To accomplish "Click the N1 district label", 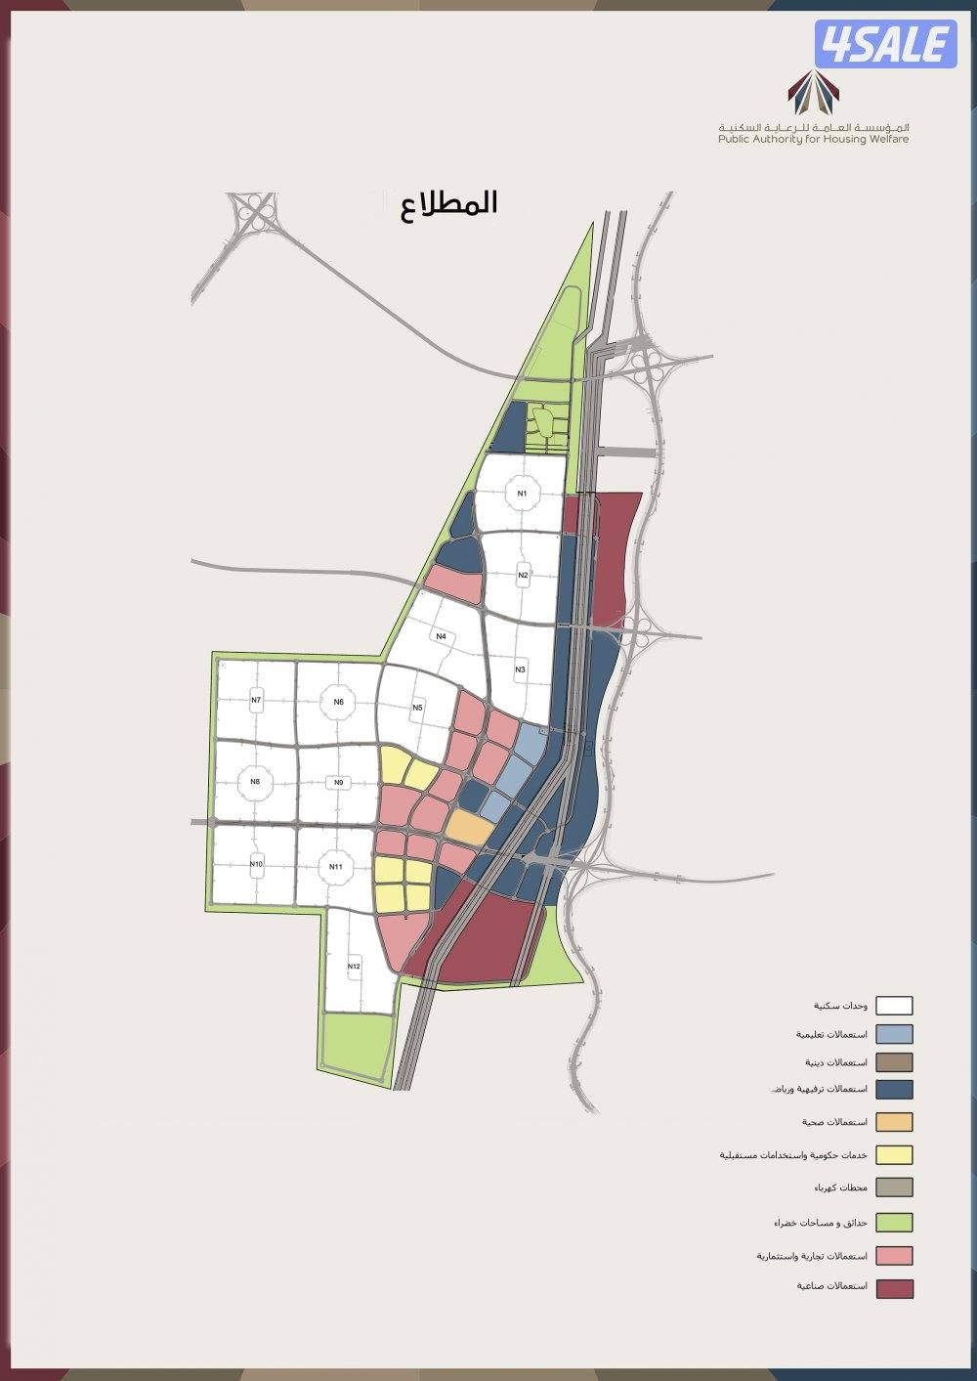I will pyautogui.click(x=523, y=494).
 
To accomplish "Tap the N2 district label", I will pyautogui.click(x=523, y=575).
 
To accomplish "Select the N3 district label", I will pyautogui.click(x=521, y=669).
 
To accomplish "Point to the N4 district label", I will pyautogui.click(x=442, y=637).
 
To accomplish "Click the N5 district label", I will pyautogui.click(x=417, y=707).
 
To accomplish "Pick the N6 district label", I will pyautogui.click(x=338, y=702).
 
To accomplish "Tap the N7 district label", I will pyautogui.click(x=256, y=700).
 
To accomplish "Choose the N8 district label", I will pyautogui.click(x=255, y=781).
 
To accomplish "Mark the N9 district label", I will pyautogui.click(x=338, y=782).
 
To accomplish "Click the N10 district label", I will pyautogui.click(x=256, y=864).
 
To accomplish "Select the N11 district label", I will pyautogui.click(x=335, y=867).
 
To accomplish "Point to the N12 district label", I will pyautogui.click(x=354, y=967).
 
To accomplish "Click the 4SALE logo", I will pyautogui.click(x=885, y=43).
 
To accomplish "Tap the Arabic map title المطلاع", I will pyautogui.click(x=449, y=203).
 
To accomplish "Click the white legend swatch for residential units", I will pyautogui.click(x=894, y=1006).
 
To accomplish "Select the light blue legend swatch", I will pyautogui.click(x=894, y=1034).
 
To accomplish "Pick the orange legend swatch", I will pyautogui.click(x=894, y=1122).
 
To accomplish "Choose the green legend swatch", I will pyautogui.click(x=894, y=1223).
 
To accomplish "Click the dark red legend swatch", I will pyautogui.click(x=894, y=1288).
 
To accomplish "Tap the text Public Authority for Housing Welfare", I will pyautogui.click(x=813, y=140).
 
